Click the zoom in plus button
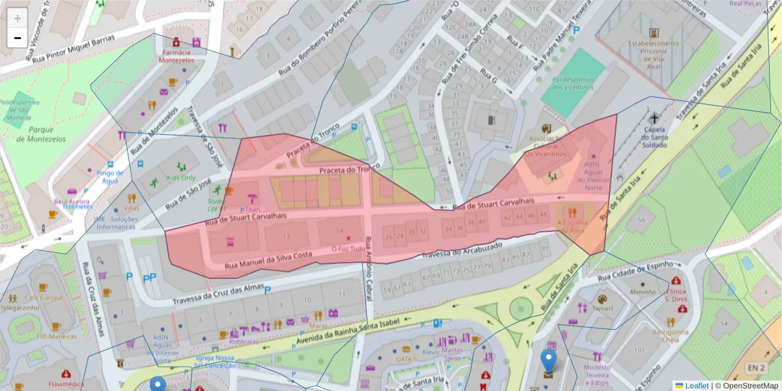coord(17,18)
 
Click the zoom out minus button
coord(17,38)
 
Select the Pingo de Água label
coord(109,177)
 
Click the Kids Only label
coord(181,178)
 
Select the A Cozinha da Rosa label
coord(572,226)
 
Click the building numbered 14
coord(340,231)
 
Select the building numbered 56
coord(641,220)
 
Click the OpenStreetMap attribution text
coord(747,386)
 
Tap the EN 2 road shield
coord(755,368)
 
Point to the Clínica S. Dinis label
coord(676,295)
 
